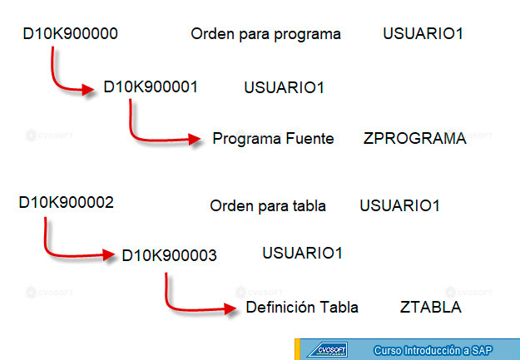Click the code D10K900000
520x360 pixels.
[x=71, y=34]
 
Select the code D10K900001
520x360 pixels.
[x=151, y=86]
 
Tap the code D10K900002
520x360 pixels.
[x=67, y=203]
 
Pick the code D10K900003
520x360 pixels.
[x=170, y=255]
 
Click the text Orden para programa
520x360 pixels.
[x=266, y=34]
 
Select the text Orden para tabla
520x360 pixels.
[x=268, y=206]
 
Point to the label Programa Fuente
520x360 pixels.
[x=273, y=139]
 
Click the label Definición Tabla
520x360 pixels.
[x=302, y=308]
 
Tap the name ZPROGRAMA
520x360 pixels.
[x=415, y=139]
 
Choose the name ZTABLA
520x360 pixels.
[x=431, y=308]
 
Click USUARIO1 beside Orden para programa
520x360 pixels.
[x=423, y=34]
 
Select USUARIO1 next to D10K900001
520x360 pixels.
[x=285, y=88]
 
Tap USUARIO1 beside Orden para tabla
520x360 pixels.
[x=400, y=206]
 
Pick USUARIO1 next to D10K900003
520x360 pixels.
[x=303, y=254]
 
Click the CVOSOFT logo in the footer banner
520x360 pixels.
[x=328, y=350]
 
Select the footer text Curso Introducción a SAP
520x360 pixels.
[x=433, y=350]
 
